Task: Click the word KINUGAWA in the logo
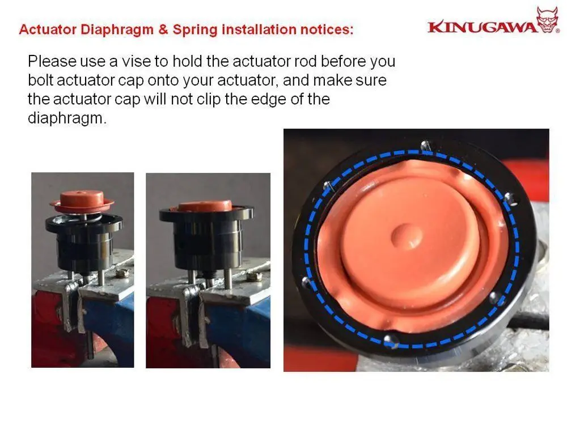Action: (482, 27)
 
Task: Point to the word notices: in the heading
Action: (323, 29)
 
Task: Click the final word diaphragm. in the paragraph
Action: (67, 119)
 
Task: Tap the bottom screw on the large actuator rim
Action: (388, 340)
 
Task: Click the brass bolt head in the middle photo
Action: (253, 276)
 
